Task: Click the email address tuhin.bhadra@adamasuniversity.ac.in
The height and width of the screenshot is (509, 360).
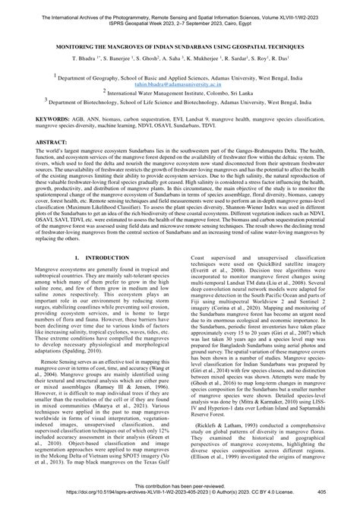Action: (181, 87)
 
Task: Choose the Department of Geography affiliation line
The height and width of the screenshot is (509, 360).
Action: (180, 80)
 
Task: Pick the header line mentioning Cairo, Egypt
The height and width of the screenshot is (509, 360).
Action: (180, 13)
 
